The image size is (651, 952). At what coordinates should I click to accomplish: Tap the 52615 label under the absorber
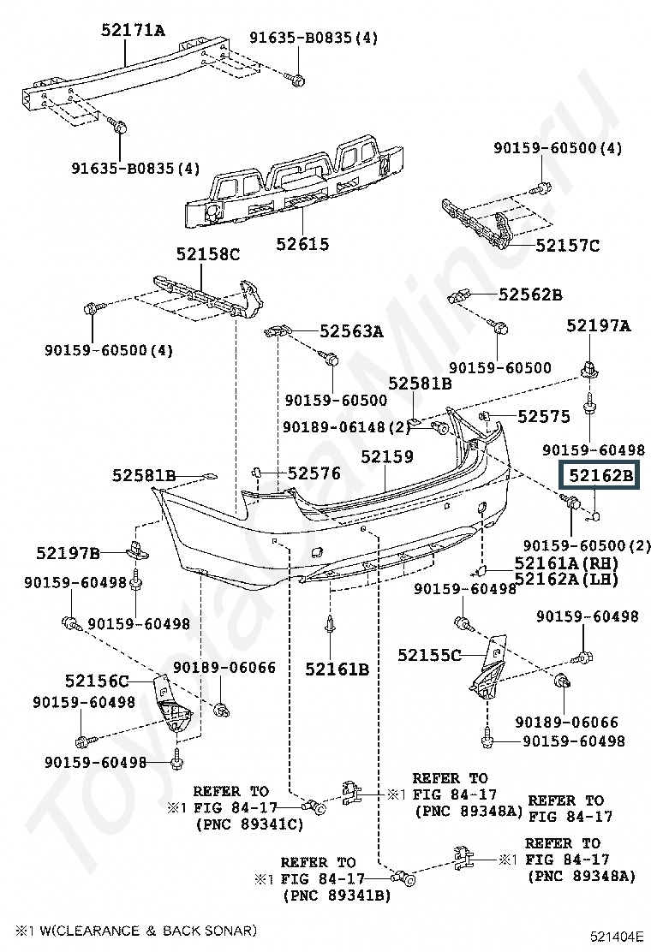tap(302, 244)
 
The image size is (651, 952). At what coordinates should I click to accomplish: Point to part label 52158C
tap(208, 253)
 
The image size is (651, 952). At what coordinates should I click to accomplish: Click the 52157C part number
tap(567, 246)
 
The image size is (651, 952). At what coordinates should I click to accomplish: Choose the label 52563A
tap(351, 330)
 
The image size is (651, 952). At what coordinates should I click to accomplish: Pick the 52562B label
tap(530, 295)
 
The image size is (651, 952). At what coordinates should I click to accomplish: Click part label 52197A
tap(599, 324)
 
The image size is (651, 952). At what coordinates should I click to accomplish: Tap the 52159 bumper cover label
tap(386, 457)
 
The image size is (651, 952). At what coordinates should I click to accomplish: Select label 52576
tap(314, 473)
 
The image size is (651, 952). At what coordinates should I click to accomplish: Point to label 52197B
tap(69, 552)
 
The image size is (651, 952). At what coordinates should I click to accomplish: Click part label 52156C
tap(96, 681)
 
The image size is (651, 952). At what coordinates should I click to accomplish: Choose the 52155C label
tap(429, 655)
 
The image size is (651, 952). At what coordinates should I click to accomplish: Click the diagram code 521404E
tap(615, 936)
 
